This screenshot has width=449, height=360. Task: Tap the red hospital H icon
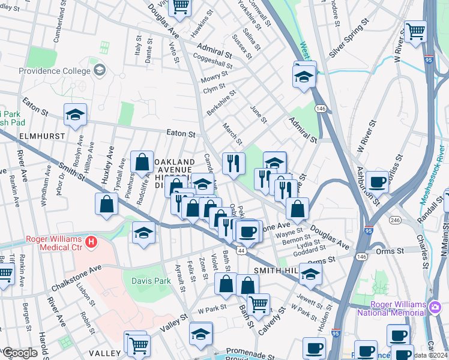point(91,242)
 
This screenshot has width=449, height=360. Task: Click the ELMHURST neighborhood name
point(41,136)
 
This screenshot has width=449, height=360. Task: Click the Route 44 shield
point(241,250)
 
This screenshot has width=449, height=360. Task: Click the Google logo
point(20,353)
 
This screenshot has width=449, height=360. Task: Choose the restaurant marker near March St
point(234,163)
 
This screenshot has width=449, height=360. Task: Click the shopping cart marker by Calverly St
point(258,304)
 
